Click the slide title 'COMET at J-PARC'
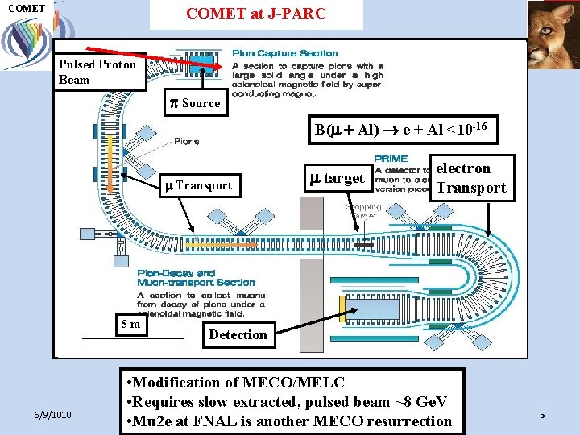[x=256, y=14]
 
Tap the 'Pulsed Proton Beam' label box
[x=99, y=72]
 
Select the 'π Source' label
[x=194, y=102]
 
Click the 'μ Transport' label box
[x=198, y=184]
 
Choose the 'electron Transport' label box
[x=471, y=178]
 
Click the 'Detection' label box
[x=238, y=334]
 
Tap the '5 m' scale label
[x=130, y=324]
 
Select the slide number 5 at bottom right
[x=542, y=415]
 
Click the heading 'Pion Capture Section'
[x=285, y=54]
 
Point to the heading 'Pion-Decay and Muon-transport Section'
[x=196, y=278]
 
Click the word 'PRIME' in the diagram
[x=391, y=158]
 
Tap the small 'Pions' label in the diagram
[x=187, y=141]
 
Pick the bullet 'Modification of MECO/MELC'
[x=236, y=383]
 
